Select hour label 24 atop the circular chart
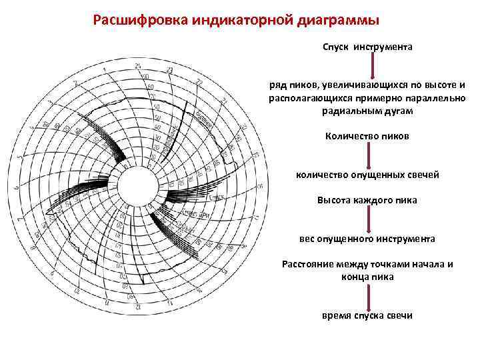tap(137, 65)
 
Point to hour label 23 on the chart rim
tap(170, 70)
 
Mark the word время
tap(337, 315)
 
